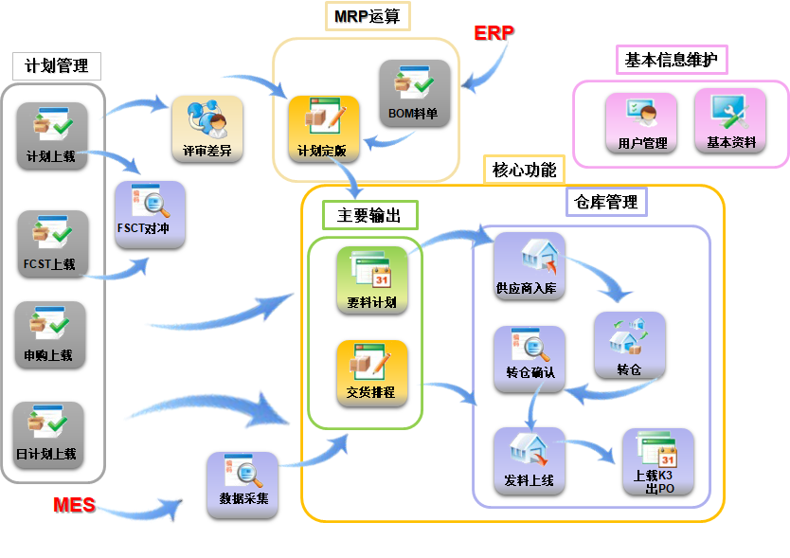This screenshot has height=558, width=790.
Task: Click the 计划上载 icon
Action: click(x=52, y=135)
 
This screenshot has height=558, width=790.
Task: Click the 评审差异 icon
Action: click(x=206, y=128)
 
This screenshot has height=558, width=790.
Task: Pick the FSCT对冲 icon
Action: click(x=150, y=214)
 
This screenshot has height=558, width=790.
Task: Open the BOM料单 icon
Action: click(x=414, y=93)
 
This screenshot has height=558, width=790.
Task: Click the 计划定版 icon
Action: click(x=322, y=128)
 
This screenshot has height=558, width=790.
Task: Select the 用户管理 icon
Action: click(x=641, y=122)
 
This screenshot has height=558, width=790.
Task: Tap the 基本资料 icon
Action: click(x=729, y=120)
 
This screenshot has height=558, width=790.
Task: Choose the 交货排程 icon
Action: click(x=371, y=371)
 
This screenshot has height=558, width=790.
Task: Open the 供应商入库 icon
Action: click(x=529, y=266)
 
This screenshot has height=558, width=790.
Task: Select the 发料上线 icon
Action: click(x=529, y=460)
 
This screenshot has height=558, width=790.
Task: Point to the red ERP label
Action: click(x=494, y=33)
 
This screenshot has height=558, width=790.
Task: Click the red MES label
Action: click(x=74, y=505)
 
